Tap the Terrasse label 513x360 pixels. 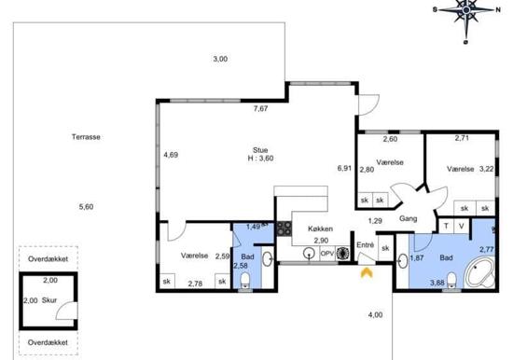coord(86,137)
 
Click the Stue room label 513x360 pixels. coord(260,150)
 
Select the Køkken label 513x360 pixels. coord(320,228)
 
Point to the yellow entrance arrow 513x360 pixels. coord(367,272)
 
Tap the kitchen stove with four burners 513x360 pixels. coord(284,228)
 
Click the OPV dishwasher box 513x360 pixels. coord(327,254)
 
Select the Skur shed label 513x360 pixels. coord(49,300)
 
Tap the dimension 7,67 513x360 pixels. coord(260,109)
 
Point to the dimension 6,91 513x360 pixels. coord(344,168)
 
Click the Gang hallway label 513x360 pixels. coord(408,218)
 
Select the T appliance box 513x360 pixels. coord(446,226)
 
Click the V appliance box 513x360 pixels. coord(462,226)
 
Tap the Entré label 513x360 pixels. coord(365,244)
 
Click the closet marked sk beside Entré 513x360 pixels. coord(385,248)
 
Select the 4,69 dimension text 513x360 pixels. coord(171,155)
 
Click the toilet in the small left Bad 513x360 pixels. coord(244,281)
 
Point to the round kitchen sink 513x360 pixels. coord(309,253)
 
